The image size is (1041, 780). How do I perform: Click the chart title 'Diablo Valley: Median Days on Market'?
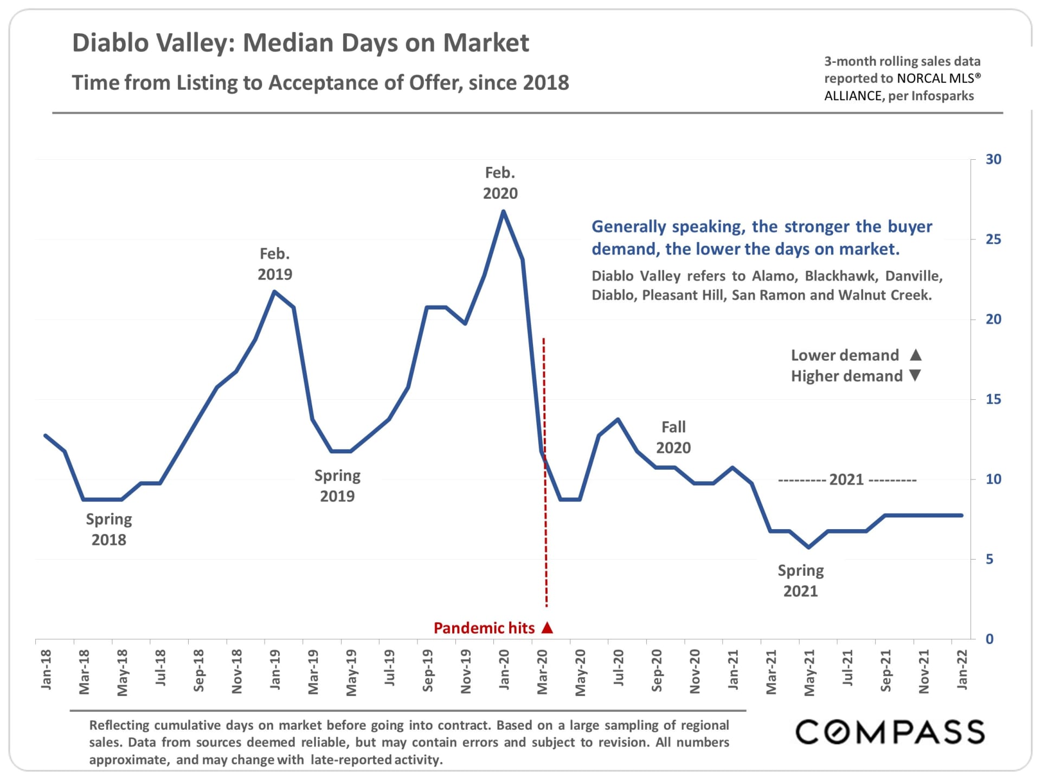click(x=300, y=43)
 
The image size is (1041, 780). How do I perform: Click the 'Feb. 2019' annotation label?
click(x=275, y=264)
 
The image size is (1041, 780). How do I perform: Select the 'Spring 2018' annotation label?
click(x=109, y=529)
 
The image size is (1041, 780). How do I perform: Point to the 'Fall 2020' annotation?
click(x=673, y=437)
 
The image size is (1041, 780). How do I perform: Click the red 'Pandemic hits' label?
click(x=484, y=628)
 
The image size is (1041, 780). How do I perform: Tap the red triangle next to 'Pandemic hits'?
click(x=548, y=627)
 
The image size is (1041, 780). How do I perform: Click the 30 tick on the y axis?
click(x=993, y=159)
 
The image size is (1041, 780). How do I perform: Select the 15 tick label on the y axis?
click(x=993, y=399)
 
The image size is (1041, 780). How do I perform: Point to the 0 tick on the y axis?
click(x=989, y=639)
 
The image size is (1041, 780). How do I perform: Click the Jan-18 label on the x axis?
click(x=46, y=669)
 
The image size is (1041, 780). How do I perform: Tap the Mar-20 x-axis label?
click(x=542, y=672)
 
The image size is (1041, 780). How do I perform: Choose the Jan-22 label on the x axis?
click(x=962, y=669)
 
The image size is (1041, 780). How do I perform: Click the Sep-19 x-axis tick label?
click(x=428, y=671)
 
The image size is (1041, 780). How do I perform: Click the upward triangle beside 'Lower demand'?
click(x=916, y=355)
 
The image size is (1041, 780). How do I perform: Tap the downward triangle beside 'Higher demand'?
click(x=915, y=375)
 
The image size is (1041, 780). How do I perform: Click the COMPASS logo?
click(x=890, y=732)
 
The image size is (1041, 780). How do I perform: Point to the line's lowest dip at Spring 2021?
click(x=808, y=547)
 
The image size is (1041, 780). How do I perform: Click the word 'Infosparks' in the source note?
click(x=942, y=96)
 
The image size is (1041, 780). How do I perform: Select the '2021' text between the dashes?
click(x=846, y=479)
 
